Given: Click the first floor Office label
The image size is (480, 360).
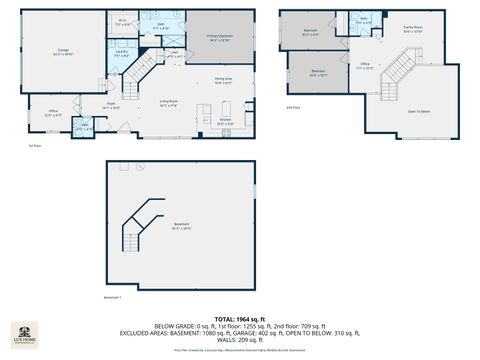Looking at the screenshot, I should [51, 114].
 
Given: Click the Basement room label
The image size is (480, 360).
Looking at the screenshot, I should [181, 227].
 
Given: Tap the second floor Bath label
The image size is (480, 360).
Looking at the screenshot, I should [364, 19].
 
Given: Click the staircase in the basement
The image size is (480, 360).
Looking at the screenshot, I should [140, 228].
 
